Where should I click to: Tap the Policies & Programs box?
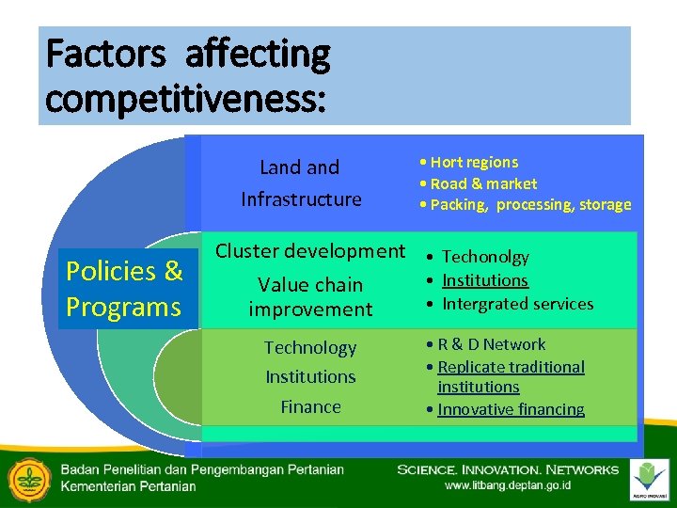click(x=124, y=289)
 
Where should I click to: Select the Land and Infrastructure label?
click(x=300, y=183)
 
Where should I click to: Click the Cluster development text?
click(x=310, y=251)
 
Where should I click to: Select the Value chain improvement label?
click(x=310, y=296)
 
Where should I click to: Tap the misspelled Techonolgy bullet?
click(x=485, y=257)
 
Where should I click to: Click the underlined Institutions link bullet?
click(x=485, y=280)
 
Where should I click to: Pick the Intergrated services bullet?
click(x=517, y=304)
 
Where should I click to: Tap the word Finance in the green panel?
click(x=310, y=406)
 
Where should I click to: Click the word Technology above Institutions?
click(x=310, y=347)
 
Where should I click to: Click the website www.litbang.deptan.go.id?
click(x=507, y=485)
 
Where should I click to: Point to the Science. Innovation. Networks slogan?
click(x=508, y=469)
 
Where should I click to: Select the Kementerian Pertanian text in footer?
click(x=129, y=486)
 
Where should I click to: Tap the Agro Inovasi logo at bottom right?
click(x=650, y=479)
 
